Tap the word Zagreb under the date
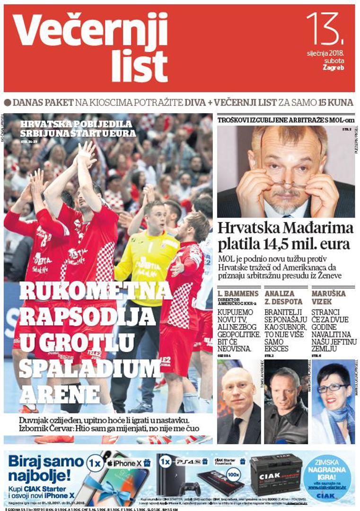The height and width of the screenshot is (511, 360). [x=333, y=67]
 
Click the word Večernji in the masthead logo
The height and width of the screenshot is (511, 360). [x=90, y=29]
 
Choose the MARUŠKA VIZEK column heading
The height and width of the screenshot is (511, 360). [x=329, y=297]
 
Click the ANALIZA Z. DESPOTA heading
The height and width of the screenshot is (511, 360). [x=283, y=297]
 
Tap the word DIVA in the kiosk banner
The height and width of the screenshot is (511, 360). [x=198, y=103]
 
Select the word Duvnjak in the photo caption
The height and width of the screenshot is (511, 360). [x=35, y=420]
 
